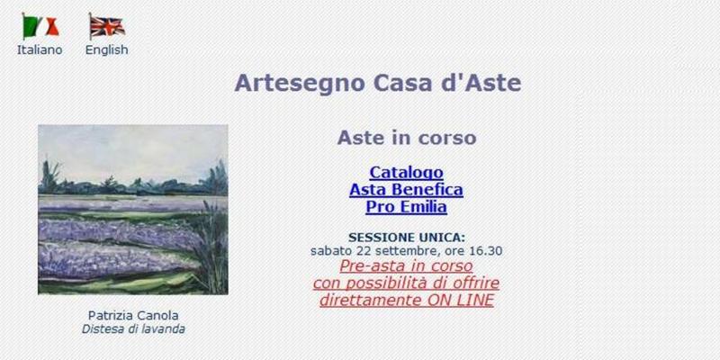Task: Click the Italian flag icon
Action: (x=40, y=26)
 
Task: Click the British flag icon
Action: (x=106, y=26)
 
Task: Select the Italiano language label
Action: (x=40, y=50)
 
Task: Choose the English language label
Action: (x=106, y=50)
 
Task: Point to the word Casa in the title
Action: (x=394, y=84)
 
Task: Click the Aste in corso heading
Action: (x=406, y=138)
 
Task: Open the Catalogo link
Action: (x=406, y=172)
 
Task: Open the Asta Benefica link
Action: (x=406, y=189)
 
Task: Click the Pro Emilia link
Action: (x=406, y=206)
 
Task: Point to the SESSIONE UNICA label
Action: (x=406, y=238)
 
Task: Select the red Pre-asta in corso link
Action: (x=406, y=266)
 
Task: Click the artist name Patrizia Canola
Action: (x=133, y=315)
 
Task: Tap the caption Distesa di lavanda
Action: (x=133, y=328)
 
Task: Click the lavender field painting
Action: (x=133, y=209)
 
